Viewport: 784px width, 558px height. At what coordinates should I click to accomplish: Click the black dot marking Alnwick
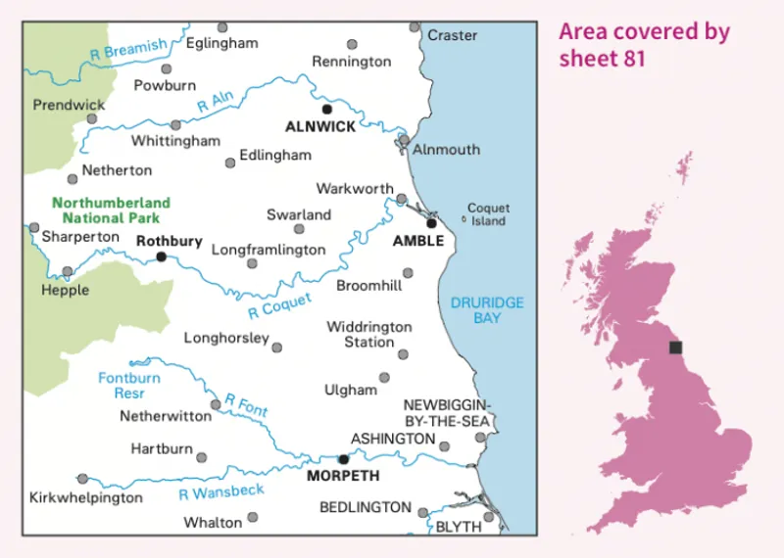tap(327, 109)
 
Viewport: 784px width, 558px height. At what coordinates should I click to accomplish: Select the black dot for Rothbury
tap(162, 256)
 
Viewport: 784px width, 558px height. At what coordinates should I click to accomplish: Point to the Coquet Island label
tap(487, 214)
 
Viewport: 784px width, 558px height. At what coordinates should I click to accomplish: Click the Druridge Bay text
tap(487, 310)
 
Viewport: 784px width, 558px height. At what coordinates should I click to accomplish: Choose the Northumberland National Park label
tap(106, 211)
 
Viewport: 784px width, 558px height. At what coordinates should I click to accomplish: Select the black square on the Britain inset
tap(675, 347)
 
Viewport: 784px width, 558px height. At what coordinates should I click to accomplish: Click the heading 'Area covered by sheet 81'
tap(644, 44)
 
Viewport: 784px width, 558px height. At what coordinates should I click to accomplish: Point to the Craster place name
tap(453, 35)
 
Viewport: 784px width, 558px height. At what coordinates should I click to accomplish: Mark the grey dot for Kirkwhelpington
tap(83, 479)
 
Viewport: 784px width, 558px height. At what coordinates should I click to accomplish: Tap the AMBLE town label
tap(417, 241)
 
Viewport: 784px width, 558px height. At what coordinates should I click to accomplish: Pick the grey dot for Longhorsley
tap(277, 347)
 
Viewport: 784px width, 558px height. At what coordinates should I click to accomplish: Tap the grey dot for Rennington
tap(353, 44)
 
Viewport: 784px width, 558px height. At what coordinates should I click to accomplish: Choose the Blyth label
tap(458, 527)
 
